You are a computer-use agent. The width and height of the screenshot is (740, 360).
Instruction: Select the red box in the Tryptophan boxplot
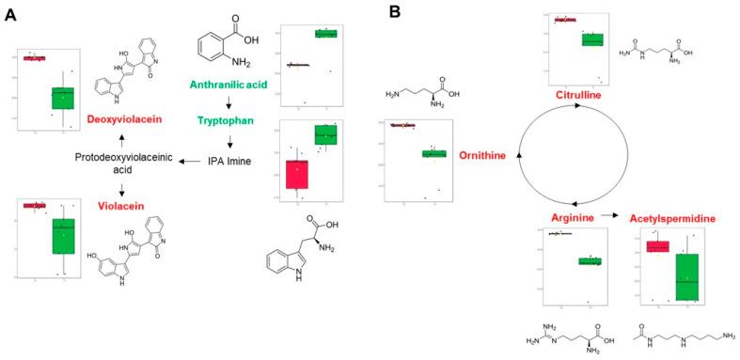(x=297, y=174)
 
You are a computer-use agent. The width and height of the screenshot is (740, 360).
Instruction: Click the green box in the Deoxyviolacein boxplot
(x=63, y=98)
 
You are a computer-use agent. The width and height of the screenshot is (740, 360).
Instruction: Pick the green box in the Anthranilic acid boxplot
(x=325, y=34)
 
